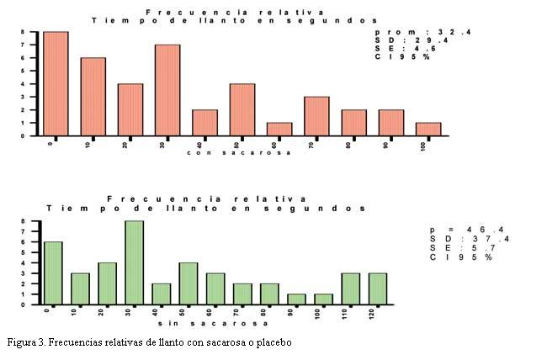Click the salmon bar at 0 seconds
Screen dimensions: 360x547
point(56,83)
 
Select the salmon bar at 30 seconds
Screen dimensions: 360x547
point(167,90)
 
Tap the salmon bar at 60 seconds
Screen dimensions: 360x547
point(279,129)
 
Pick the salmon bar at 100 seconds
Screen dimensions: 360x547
point(428,129)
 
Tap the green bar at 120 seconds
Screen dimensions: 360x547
point(379,288)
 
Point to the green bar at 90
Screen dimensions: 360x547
point(297,299)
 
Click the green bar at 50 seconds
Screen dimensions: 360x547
point(188,283)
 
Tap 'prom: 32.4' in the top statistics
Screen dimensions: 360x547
point(412,32)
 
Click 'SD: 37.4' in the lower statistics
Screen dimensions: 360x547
point(469,238)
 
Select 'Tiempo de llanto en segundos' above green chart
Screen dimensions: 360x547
point(207,207)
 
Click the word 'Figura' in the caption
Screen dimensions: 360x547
point(22,343)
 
